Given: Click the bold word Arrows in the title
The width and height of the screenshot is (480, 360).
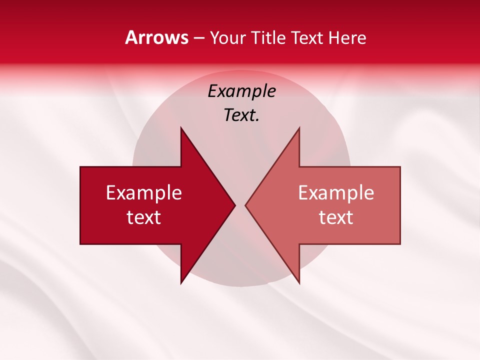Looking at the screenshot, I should [x=157, y=37].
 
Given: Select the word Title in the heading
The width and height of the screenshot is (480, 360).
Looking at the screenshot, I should [x=268, y=37].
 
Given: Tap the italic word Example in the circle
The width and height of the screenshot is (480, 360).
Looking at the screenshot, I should [x=242, y=91].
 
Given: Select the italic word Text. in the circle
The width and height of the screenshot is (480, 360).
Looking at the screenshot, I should [x=242, y=115].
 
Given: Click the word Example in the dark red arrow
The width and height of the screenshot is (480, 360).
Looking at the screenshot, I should [x=144, y=192].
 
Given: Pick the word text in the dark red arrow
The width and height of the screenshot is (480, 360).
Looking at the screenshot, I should [x=144, y=217].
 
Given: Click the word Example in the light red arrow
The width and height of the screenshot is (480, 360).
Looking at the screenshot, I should [x=336, y=192].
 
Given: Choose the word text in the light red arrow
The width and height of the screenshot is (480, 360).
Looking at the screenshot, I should [x=336, y=217].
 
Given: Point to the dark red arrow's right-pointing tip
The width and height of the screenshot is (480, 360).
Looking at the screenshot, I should [x=234, y=205].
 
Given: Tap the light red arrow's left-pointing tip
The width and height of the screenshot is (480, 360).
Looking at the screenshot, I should [x=246, y=205].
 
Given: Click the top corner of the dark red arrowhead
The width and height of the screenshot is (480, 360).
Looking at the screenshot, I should [x=181, y=128].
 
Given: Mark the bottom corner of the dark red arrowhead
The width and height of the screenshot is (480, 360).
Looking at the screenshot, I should [x=181, y=283].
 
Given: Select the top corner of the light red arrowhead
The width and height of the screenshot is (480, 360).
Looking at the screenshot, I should [x=299, y=128].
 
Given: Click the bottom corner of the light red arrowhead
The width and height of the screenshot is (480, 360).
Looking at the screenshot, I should [x=299, y=283].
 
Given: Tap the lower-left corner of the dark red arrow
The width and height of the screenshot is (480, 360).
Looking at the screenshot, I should [x=81, y=243].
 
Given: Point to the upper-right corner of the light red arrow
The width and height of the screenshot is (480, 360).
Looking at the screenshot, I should [x=399, y=167].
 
